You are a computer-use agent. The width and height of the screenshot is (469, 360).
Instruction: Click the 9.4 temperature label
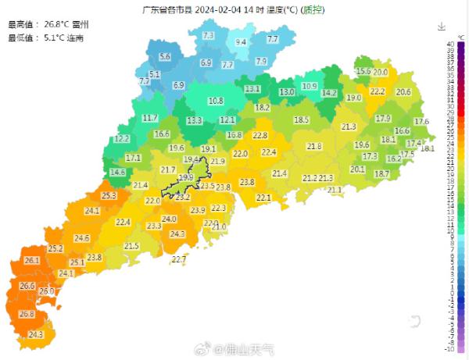pyautogui.click(x=242, y=42)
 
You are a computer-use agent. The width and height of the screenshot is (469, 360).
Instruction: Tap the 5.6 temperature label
pyautogui.click(x=165, y=57)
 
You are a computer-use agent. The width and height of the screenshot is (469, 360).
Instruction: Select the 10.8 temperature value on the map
pyautogui.click(x=216, y=101)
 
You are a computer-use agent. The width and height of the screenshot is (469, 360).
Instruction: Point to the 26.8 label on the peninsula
pyautogui.click(x=27, y=314)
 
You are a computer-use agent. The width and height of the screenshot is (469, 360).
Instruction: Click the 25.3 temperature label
pyautogui.click(x=109, y=196)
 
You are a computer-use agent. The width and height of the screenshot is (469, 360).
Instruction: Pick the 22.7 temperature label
pyautogui.click(x=179, y=258)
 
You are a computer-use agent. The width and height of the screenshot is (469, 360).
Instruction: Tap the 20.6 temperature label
pyautogui.click(x=403, y=92)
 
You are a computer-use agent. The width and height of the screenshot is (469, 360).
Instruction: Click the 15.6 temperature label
pyautogui.click(x=363, y=71)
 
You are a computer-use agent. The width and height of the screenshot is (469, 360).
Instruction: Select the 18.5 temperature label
pyautogui.click(x=302, y=119)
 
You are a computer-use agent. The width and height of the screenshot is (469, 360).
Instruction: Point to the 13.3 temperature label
pyautogui.click(x=194, y=120)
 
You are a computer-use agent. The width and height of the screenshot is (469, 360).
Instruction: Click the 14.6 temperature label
pyautogui.click(x=118, y=173)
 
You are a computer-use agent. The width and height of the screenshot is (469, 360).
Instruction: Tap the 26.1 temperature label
pyautogui.click(x=32, y=260)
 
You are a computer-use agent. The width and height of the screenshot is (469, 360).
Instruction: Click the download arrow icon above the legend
pyautogui.click(x=441, y=27)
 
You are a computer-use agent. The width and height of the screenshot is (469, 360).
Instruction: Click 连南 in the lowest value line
pyautogui.click(x=75, y=37)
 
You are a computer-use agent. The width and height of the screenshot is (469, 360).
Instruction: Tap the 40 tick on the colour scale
pyautogui.click(x=451, y=44)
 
